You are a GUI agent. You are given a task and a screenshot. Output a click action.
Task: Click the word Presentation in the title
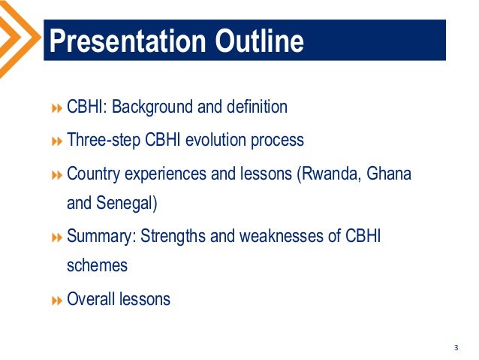[x=128, y=41]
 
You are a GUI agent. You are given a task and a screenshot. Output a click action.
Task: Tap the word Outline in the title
[x=259, y=41]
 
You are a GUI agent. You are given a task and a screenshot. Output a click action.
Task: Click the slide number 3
[x=456, y=347]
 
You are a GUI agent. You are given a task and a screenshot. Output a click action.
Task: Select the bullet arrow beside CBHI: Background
[x=57, y=108]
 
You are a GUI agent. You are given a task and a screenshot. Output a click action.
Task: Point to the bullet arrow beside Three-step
[x=57, y=141]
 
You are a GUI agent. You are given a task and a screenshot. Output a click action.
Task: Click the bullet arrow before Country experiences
[x=57, y=175]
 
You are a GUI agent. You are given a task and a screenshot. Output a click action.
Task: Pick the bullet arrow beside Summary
[x=57, y=237]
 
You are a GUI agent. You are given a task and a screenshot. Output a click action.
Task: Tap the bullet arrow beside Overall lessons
[x=57, y=301]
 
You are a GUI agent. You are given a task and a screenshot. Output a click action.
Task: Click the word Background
[x=152, y=107]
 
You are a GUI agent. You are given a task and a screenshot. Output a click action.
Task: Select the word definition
[x=257, y=107]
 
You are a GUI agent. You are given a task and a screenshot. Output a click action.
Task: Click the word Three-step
[x=104, y=141]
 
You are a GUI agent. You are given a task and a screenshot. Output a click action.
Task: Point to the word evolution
[x=215, y=140]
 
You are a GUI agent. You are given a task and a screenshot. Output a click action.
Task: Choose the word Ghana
[x=389, y=173]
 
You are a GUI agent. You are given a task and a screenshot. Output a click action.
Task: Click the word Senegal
[x=125, y=204]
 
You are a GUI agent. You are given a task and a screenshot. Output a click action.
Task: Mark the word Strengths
[x=173, y=237]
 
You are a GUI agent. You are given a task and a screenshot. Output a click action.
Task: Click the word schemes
[x=97, y=265]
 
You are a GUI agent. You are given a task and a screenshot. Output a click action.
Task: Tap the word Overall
[x=91, y=298]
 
